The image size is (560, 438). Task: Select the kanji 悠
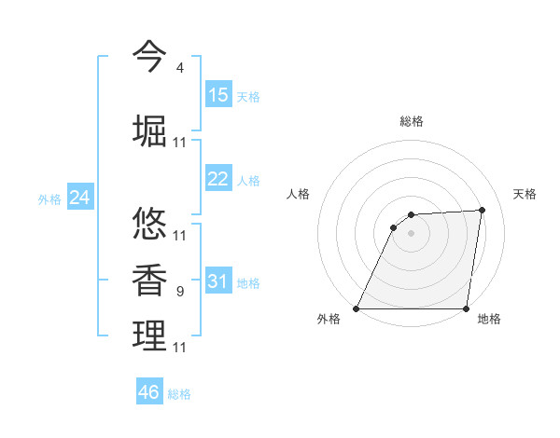149,225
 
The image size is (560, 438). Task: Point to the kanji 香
149,281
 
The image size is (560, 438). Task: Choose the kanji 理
149,336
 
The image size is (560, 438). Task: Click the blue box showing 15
218,95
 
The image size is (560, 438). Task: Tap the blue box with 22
218,179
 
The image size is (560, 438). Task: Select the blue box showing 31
218,281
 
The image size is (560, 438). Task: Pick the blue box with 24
80,198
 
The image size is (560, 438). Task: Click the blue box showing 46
149,392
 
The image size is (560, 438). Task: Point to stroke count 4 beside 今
180,68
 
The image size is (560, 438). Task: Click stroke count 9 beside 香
180,292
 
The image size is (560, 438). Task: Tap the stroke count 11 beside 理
180,348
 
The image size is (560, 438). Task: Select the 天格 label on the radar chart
525,194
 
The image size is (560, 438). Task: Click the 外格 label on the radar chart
329,320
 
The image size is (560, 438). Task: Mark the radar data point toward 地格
467,308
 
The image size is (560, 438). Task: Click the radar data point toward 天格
483,210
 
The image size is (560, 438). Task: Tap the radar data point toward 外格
357,308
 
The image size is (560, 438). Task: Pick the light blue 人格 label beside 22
248,181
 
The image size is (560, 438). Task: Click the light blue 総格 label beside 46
179,394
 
